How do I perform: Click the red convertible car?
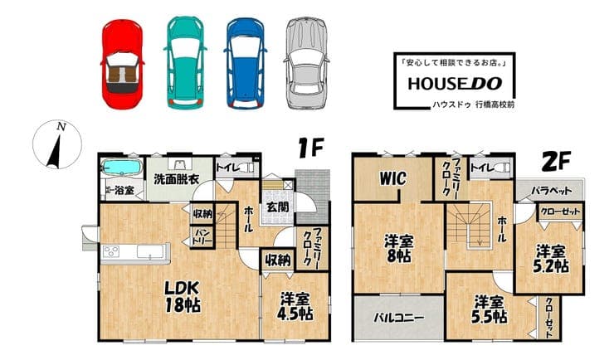(x=123, y=63)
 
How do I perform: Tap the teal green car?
(x=185, y=62)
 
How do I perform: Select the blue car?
(x=245, y=62)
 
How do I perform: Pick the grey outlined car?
(x=306, y=62)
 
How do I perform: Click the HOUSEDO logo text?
(x=455, y=83)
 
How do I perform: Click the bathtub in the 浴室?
(x=121, y=168)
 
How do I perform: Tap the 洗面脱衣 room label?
(x=176, y=179)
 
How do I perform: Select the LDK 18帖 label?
(x=182, y=296)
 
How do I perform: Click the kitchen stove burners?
(x=111, y=251)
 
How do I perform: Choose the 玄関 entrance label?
(x=278, y=207)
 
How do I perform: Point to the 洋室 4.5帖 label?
(x=295, y=306)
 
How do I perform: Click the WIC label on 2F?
(x=392, y=178)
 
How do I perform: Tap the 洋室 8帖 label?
(x=398, y=248)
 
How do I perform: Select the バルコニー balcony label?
(x=398, y=317)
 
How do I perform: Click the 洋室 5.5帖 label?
(x=489, y=309)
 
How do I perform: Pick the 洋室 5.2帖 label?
(x=550, y=258)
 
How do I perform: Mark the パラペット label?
(x=551, y=191)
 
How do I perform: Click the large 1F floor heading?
(x=310, y=148)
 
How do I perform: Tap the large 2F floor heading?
(x=555, y=161)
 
